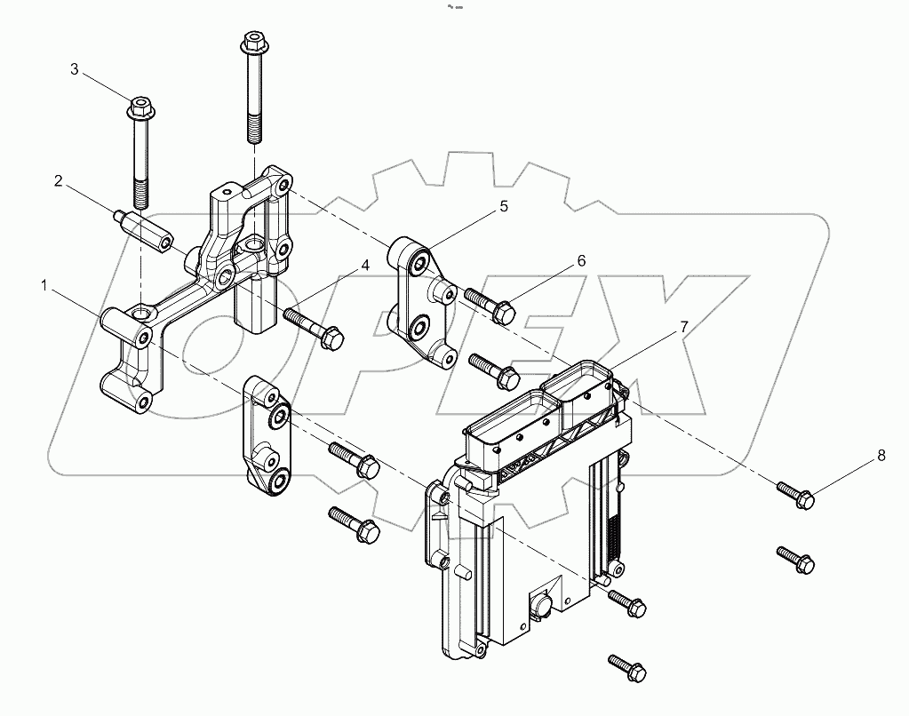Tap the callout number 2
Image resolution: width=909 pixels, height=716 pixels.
tap(58, 181)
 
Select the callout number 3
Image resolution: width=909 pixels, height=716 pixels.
tap(75, 68)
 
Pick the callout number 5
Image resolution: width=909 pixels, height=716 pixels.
tap(503, 207)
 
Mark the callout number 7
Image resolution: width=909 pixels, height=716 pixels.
tap(683, 327)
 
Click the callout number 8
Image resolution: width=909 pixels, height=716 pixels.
tap(881, 456)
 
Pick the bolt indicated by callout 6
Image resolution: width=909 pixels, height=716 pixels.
tap(488, 304)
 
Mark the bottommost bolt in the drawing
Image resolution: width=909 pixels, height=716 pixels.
tap(629, 667)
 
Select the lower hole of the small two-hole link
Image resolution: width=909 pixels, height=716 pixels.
tap(277, 481)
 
